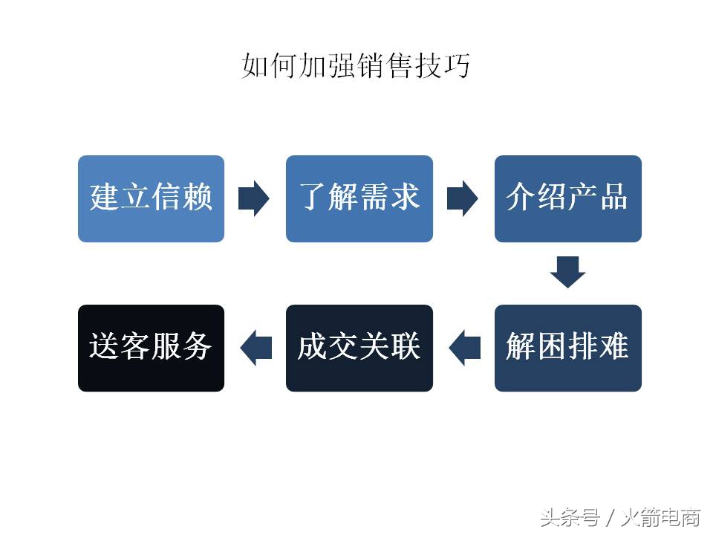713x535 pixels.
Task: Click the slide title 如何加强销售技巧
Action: point(356,66)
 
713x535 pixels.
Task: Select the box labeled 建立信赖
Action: point(151,198)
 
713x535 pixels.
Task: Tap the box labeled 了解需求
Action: point(359,198)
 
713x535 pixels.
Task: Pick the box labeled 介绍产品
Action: point(568,198)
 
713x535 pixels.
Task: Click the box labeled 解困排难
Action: point(568,348)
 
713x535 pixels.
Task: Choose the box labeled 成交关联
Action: point(359,348)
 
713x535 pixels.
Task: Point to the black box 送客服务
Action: point(151,348)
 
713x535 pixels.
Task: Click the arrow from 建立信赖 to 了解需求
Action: point(254,198)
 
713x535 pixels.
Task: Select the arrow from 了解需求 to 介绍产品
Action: point(463,198)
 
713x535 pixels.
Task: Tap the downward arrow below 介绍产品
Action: point(568,272)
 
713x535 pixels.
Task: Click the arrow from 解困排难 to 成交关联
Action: point(464,348)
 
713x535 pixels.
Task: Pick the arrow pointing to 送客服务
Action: point(255,348)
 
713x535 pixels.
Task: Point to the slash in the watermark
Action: point(608,516)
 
